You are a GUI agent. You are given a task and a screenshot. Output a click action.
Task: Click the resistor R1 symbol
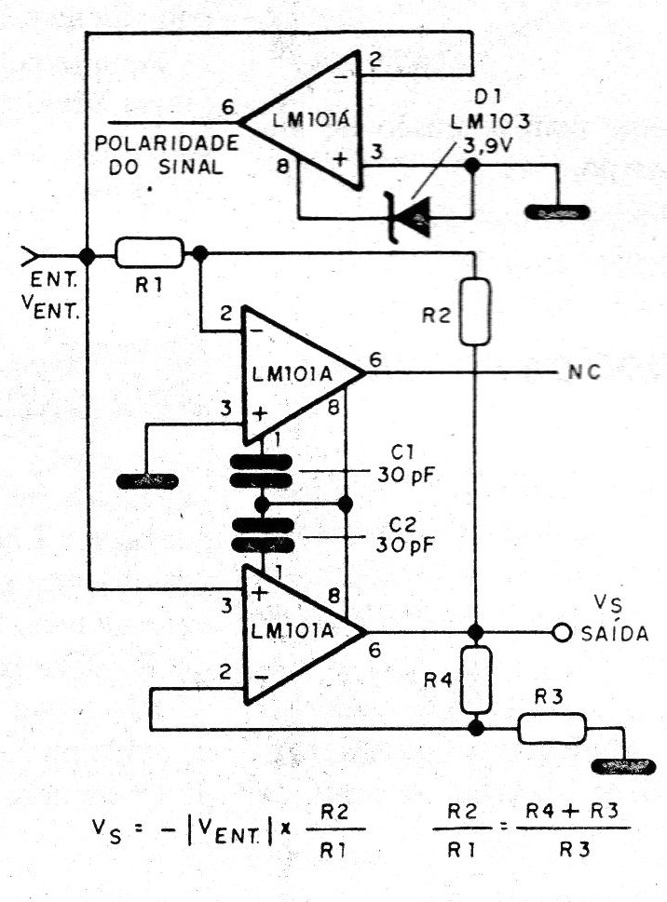(x=149, y=251)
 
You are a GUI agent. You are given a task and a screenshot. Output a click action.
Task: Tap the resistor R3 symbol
(x=551, y=728)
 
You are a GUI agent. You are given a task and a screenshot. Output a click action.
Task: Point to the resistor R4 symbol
(x=476, y=680)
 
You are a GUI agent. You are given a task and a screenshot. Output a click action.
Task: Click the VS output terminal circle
(x=561, y=633)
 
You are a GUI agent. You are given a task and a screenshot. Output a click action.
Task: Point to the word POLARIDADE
(x=167, y=147)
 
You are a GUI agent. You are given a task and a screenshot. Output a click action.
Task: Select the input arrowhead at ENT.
(x=28, y=254)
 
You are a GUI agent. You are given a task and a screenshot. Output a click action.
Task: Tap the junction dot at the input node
(x=87, y=254)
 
